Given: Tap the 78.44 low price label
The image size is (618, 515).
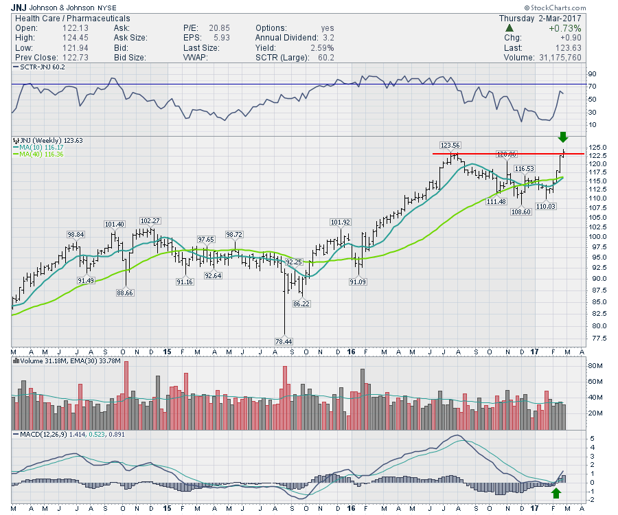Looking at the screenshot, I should [x=284, y=341].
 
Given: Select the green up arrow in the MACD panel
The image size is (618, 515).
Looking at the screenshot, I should [x=556, y=493].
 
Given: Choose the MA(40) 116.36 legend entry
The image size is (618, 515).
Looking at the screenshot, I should [x=44, y=154].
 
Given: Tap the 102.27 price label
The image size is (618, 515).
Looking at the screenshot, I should [x=150, y=221].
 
